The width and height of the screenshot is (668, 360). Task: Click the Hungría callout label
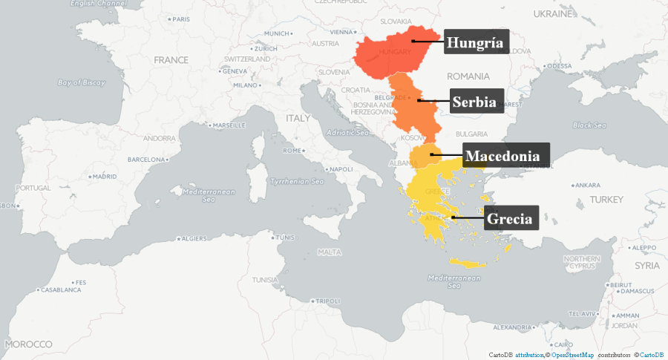[x=474, y=43]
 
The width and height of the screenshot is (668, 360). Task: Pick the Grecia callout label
[x=511, y=219]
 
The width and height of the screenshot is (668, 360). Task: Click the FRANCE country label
[x=171, y=59]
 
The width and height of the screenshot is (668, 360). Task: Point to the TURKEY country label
[x=607, y=200]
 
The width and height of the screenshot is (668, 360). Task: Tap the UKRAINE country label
[x=553, y=13]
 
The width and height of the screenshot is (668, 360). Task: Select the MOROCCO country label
[x=28, y=344]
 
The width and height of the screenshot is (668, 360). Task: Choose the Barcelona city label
[x=145, y=160]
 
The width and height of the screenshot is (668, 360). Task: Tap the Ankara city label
[x=587, y=185]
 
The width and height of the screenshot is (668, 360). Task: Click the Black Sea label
[x=589, y=125]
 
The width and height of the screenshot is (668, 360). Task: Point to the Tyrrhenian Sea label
[x=296, y=181]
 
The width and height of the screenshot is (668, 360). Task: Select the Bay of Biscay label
[x=81, y=82]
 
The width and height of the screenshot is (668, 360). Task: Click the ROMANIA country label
[x=468, y=76]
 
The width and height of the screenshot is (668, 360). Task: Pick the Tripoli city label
[x=327, y=301]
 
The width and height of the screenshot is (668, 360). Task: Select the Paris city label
[x=180, y=19]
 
